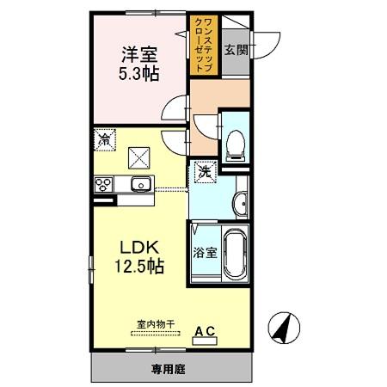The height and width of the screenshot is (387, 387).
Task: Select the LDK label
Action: point(138,245)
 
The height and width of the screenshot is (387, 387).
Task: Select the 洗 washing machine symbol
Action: point(205,171)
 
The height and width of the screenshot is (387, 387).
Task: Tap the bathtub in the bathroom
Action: point(235,255)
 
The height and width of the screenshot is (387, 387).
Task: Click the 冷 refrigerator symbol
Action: point(105,138)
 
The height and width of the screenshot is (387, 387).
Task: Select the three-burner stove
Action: point(104,183)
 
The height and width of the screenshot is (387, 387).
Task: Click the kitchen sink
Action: point(140,184)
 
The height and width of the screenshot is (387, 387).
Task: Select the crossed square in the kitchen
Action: point(139,156)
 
